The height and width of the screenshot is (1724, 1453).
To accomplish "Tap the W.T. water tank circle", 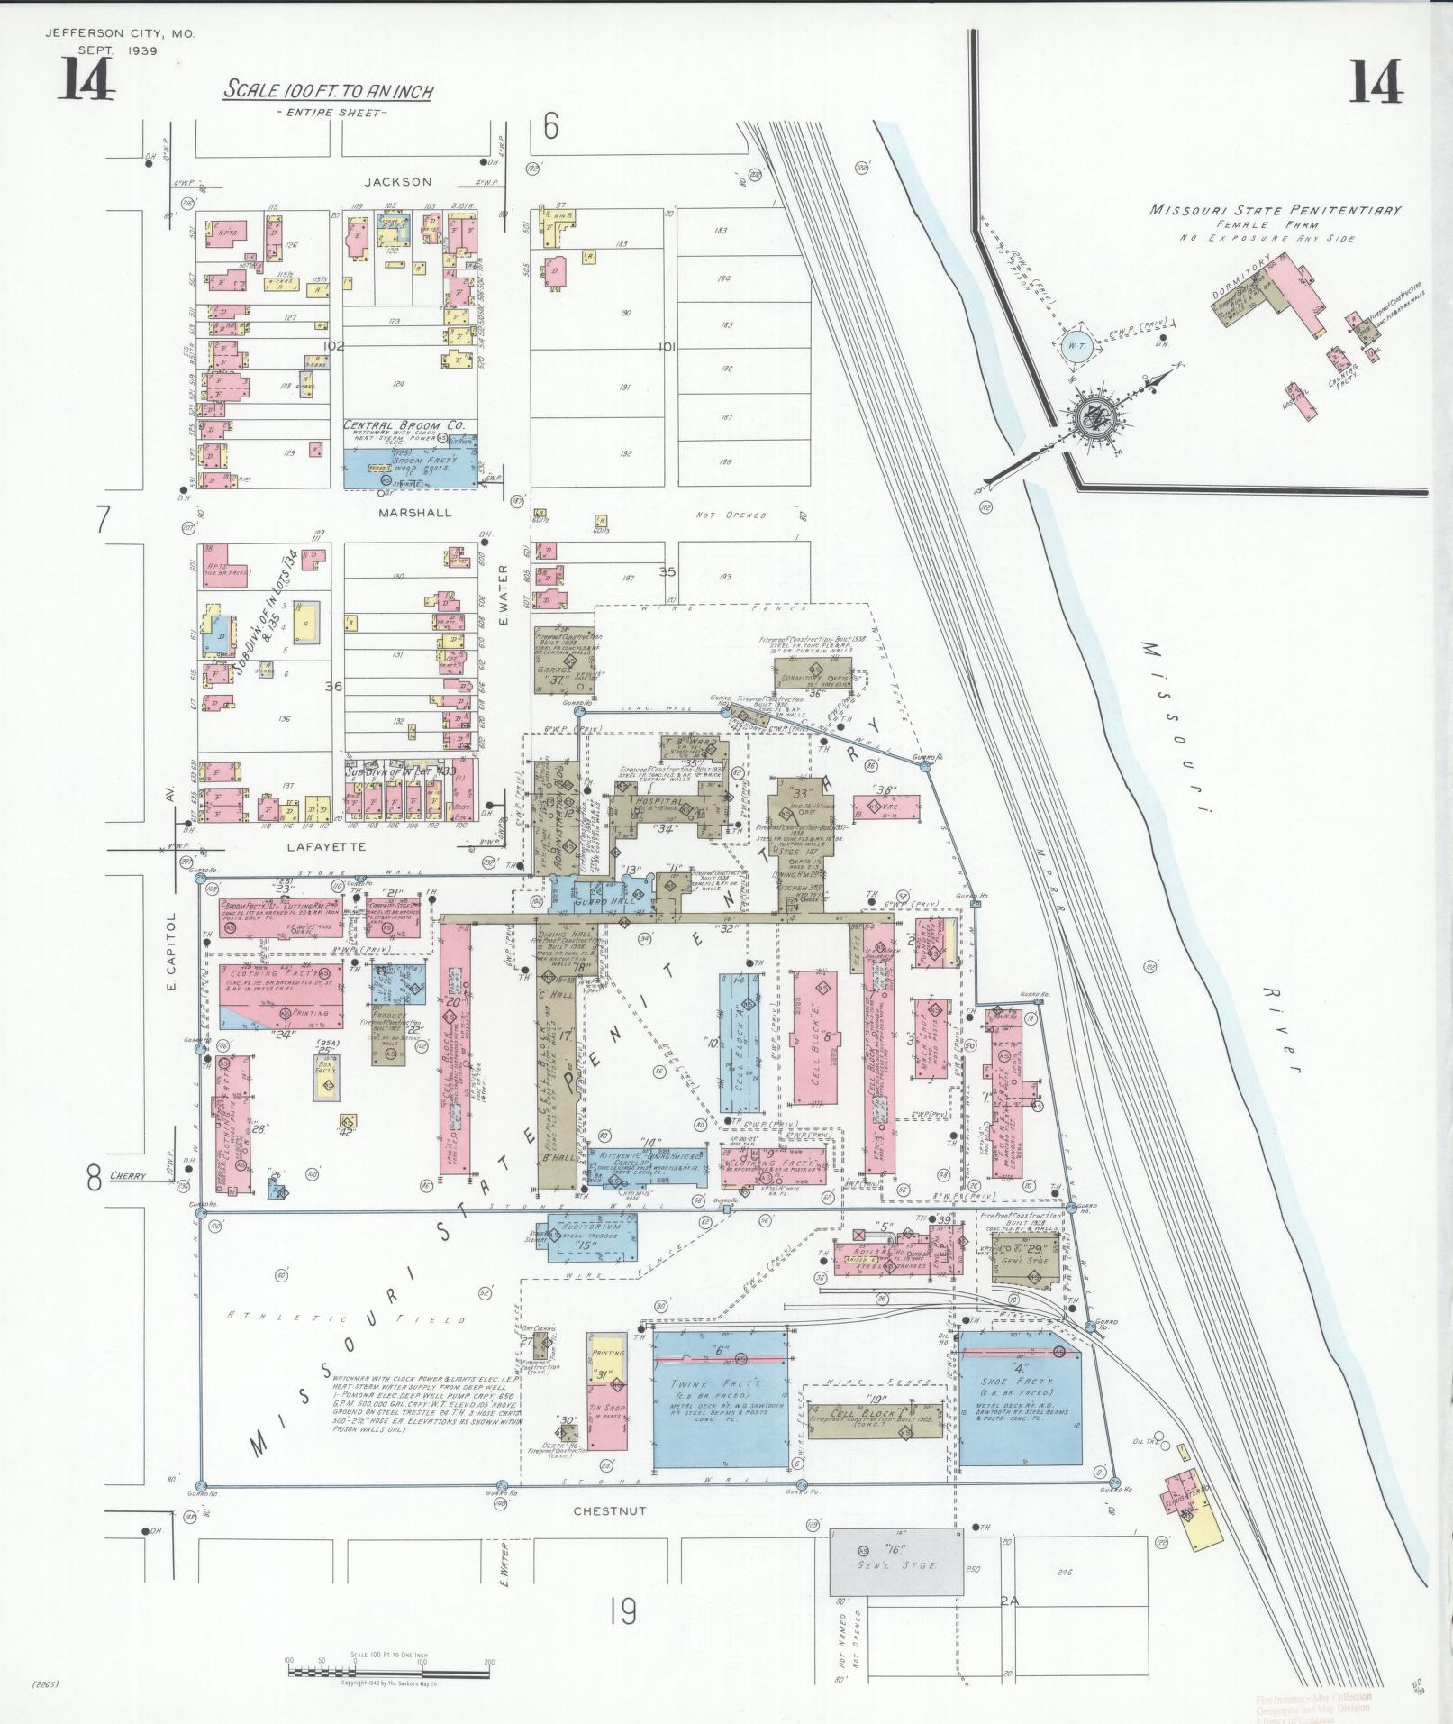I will (1076, 348).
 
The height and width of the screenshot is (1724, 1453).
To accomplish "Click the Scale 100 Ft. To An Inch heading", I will (329, 91).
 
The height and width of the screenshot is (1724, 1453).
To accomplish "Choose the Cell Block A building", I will (740, 1048).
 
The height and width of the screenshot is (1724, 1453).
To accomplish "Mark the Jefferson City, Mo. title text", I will (119, 33).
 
